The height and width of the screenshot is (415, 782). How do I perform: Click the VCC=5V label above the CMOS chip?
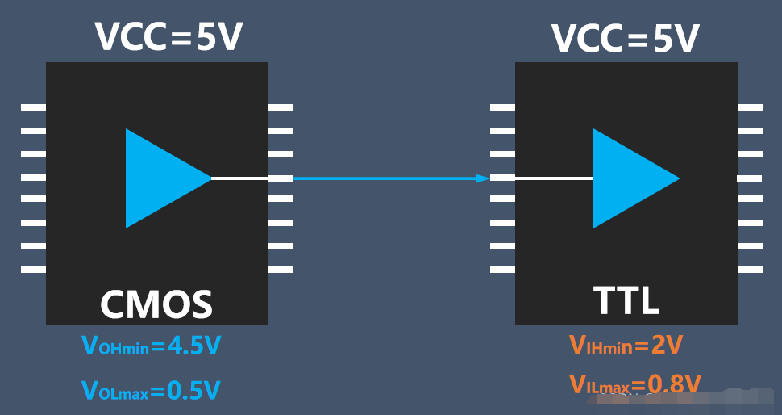coord(168,36)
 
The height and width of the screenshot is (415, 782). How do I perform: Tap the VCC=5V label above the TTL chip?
coord(624,38)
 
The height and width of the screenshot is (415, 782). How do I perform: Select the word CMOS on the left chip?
coord(156,304)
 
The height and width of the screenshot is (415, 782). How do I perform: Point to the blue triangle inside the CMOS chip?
coord(161,178)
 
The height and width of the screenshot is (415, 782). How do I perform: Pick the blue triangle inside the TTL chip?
coord(629,178)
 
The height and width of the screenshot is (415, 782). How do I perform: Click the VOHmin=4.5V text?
coord(152,346)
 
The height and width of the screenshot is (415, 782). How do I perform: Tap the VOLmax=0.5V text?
coord(151,391)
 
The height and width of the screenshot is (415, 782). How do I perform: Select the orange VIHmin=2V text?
coord(626,346)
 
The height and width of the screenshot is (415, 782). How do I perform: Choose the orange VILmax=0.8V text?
coord(635,384)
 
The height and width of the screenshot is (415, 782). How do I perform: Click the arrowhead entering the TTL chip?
coord(483,178)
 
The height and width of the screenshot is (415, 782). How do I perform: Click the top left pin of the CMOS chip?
coord(33,107)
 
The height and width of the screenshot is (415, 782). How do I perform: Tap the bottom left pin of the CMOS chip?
coord(33,270)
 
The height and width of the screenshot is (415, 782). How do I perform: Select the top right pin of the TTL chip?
coord(751,107)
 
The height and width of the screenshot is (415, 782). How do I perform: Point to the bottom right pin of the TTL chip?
coord(751,270)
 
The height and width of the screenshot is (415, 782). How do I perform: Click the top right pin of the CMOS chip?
coord(281,107)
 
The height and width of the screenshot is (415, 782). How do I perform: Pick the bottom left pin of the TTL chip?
coord(502,270)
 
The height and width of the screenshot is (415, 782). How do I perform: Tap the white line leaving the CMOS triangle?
coord(239,178)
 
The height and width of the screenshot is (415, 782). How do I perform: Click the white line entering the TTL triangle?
coord(554,178)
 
